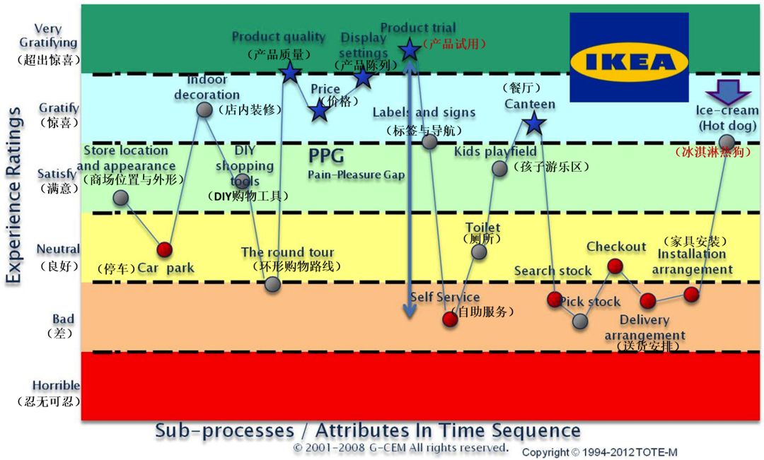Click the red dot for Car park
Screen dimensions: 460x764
point(164,249)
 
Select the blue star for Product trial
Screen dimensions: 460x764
point(409,49)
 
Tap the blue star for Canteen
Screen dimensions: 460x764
point(533,124)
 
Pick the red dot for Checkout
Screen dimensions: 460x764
point(615,266)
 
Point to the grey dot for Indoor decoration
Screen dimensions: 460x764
point(204,110)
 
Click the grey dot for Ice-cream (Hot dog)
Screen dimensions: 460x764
point(727,143)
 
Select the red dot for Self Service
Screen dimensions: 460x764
point(450,319)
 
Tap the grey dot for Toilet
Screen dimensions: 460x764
point(479,252)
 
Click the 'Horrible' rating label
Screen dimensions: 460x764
point(56,386)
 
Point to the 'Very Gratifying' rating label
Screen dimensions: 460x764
point(48,36)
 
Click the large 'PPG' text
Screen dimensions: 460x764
point(325,155)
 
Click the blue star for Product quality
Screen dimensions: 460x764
point(289,71)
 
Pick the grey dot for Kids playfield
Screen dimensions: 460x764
point(499,168)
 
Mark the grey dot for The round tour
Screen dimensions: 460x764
point(273,284)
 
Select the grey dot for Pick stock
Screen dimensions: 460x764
point(580,322)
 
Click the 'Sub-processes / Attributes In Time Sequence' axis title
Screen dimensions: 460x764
point(368,430)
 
